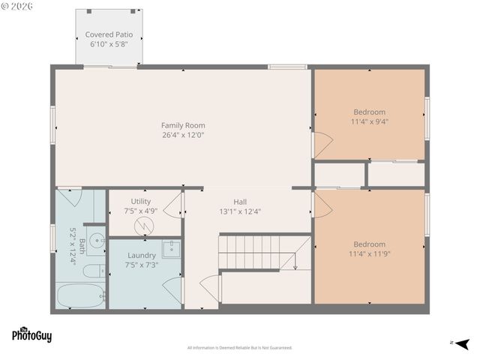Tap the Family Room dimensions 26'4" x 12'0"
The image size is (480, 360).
tap(183, 135)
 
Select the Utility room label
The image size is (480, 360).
tap(141, 201)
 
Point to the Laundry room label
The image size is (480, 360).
tap(141, 255)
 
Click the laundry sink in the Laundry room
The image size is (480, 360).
tap(171, 249)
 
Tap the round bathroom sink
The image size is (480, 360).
tap(95, 241)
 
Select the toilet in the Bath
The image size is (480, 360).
tap(93, 271)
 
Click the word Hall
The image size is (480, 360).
tap(240, 202)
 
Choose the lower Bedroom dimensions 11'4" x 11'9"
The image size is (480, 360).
tap(370, 253)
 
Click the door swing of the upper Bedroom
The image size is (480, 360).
tap(321, 144)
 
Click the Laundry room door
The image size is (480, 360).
tap(173, 289)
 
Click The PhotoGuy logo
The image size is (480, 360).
tap(31, 334)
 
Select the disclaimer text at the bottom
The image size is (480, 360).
tap(239, 347)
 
